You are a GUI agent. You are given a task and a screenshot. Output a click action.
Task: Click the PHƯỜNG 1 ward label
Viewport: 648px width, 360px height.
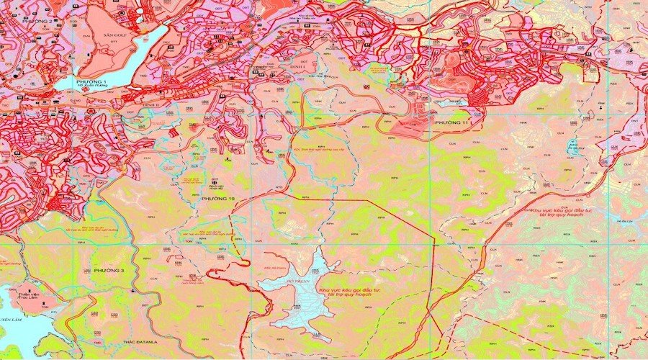point(95,83)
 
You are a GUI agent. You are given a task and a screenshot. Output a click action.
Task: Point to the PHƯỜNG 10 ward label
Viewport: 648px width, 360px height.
point(218,198)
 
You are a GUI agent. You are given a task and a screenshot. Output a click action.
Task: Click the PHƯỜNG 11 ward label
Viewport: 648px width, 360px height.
point(451,125)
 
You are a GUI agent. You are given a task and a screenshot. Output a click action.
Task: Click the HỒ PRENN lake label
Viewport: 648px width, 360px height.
point(297,274)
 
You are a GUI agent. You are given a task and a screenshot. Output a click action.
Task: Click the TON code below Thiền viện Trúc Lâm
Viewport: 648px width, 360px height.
point(45,307)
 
